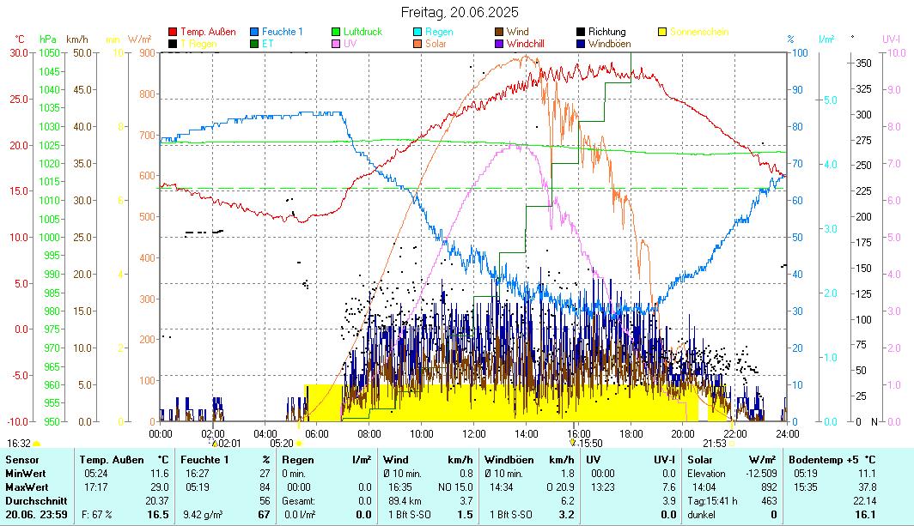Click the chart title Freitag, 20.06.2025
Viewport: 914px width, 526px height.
(x=460, y=12)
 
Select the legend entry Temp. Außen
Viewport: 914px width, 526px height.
(x=207, y=32)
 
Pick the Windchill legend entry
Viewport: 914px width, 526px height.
(x=530, y=43)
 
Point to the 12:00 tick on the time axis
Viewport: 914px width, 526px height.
(x=474, y=433)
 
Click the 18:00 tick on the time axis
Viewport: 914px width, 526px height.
(x=631, y=433)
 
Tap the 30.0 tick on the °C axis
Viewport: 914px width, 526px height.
(x=19, y=52)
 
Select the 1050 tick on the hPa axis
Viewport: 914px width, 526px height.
(x=49, y=52)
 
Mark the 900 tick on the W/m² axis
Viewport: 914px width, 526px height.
(x=145, y=52)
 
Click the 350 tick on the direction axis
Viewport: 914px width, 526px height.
(x=863, y=63)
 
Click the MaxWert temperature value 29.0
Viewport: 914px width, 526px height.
(x=157, y=487)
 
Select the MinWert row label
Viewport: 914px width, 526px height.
(x=26, y=473)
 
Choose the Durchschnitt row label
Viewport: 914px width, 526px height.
(x=34, y=500)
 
